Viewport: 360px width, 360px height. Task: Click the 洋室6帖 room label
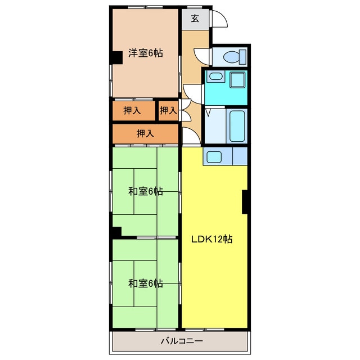click(x=146, y=53)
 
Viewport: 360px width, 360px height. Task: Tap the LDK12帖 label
click(x=212, y=240)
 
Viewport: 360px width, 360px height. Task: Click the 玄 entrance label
click(x=195, y=19)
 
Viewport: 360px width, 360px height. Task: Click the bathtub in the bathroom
click(x=237, y=126)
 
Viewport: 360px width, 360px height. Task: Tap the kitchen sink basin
click(x=214, y=157)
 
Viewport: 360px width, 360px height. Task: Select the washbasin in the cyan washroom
click(x=215, y=76)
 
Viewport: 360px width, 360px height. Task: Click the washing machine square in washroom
click(x=237, y=80)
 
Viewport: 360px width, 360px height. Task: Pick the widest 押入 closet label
click(x=145, y=133)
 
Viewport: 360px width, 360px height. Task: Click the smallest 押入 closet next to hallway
click(x=168, y=111)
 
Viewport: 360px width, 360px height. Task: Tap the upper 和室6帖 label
click(x=146, y=191)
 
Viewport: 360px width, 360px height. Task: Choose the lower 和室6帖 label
click(x=146, y=283)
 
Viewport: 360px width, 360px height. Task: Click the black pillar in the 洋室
click(x=116, y=57)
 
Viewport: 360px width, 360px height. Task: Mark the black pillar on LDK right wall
click(x=245, y=202)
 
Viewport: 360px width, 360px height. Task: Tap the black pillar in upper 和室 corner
click(x=116, y=232)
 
